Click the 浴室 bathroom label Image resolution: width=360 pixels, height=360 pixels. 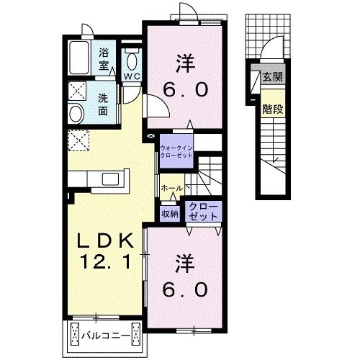[x=104, y=59]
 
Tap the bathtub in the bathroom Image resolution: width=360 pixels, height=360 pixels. [x=79, y=58]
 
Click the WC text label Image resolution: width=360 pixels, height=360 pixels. [x=132, y=76]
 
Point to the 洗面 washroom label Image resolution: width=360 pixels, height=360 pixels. [x=103, y=104]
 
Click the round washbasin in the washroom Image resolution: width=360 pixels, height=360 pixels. [x=76, y=114]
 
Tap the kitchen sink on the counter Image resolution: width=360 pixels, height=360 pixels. [x=111, y=179]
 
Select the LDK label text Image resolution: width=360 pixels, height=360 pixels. [x=105, y=240]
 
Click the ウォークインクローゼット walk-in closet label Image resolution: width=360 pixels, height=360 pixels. [x=176, y=151]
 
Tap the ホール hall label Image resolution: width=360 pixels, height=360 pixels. [x=172, y=189]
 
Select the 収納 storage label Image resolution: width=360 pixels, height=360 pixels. [x=170, y=213]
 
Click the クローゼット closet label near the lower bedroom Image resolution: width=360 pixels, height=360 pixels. [x=203, y=212]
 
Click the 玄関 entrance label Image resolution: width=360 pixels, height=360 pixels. [x=273, y=77]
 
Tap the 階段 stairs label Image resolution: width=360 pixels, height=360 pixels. [x=273, y=109]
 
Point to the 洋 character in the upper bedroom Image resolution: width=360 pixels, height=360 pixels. [x=185, y=63]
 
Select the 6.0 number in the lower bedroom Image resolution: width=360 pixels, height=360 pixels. [x=185, y=289]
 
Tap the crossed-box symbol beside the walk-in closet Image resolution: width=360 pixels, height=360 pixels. [x=150, y=136]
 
